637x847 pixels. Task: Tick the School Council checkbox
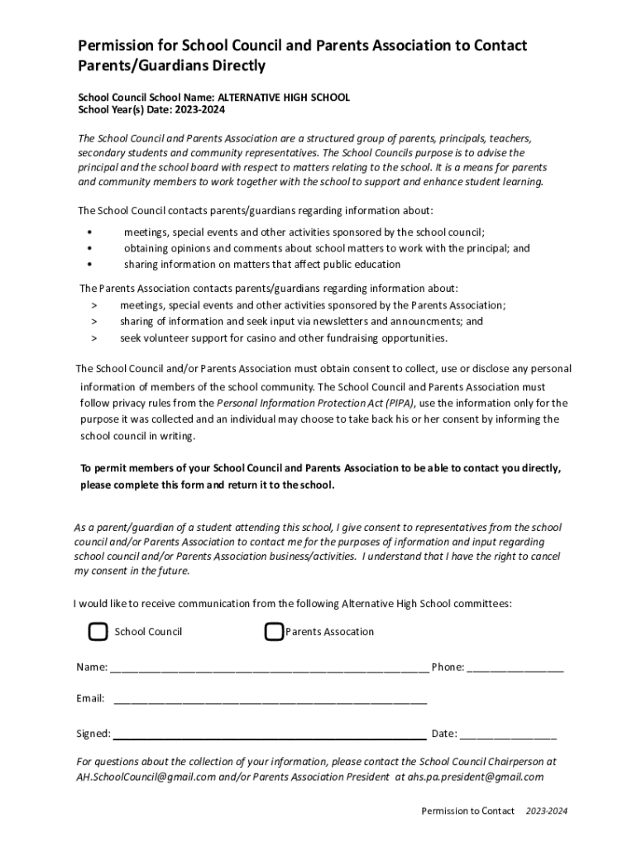point(98,632)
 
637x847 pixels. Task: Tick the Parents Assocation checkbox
point(274,632)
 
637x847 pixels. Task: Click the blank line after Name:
point(269,668)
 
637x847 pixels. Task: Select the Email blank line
point(270,700)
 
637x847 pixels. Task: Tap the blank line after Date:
point(508,735)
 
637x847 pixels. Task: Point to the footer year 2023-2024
point(546,811)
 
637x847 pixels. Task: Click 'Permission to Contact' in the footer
point(467,811)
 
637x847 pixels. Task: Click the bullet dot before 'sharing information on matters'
point(89,265)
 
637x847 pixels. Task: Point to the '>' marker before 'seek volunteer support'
point(93,337)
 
